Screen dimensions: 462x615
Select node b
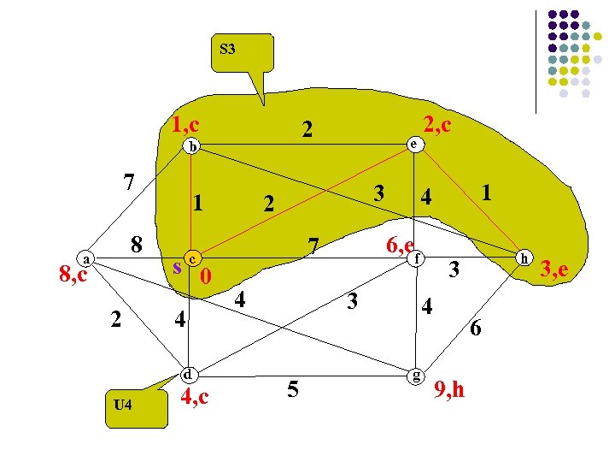193,145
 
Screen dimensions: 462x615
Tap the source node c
195,258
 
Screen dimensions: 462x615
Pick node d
189,374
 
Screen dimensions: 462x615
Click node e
413,145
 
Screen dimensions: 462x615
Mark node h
525,258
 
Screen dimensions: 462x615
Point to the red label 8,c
73,275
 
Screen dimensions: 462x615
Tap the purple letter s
177,266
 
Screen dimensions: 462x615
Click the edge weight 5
293,389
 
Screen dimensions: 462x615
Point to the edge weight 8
136,244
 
